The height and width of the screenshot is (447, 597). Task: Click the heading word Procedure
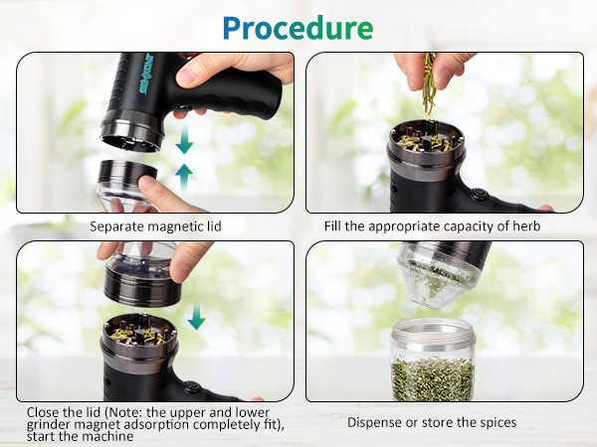[x=298, y=27]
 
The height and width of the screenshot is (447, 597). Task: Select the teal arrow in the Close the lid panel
[x=196, y=316]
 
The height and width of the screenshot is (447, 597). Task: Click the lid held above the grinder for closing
[x=145, y=282]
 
